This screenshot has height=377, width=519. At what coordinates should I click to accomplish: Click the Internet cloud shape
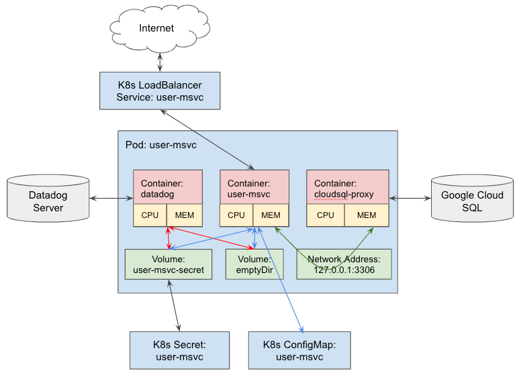click(x=160, y=29)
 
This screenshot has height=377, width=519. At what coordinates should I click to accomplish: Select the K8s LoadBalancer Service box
click(x=160, y=91)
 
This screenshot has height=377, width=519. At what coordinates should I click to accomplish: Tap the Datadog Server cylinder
click(x=48, y=199)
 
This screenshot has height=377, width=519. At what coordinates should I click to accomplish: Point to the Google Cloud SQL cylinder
click(x=472, y=199)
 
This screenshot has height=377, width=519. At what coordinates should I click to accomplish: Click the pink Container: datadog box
click(x=168, y=187)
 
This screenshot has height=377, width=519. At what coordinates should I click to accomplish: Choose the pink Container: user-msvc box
click(x=254, y=187)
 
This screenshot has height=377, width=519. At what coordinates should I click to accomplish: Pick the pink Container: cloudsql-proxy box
click(x=348, y=187)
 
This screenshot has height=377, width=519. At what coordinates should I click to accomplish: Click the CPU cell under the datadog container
click(x=150, y=215)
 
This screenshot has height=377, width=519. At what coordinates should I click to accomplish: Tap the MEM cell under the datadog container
click(x=185, y=215)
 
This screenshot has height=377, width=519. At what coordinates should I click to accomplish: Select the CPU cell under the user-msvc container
click(x=236, y=215)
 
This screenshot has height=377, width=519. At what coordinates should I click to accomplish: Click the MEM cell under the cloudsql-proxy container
click(x=367, y=215)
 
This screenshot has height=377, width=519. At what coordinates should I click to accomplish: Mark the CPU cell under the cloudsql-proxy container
click(x=326, y=215)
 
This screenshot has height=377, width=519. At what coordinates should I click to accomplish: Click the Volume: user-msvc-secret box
click(x=169, y=264)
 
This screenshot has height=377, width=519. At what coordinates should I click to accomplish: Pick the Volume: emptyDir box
click(x=254, y=264)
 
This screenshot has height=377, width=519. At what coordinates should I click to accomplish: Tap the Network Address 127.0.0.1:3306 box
click(x=344, y=264)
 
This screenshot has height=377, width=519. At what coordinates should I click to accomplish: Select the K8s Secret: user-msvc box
click(x=179, y=351)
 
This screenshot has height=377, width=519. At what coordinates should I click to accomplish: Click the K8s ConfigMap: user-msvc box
click(x=299, y=351)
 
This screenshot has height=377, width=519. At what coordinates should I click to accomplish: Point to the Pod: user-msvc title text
click(x=161, y=145)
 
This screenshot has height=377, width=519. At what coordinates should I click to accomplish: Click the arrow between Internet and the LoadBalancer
click(x=160, y=62)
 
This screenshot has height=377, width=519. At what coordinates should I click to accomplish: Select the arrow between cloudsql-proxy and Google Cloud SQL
click(x=410, y=199)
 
